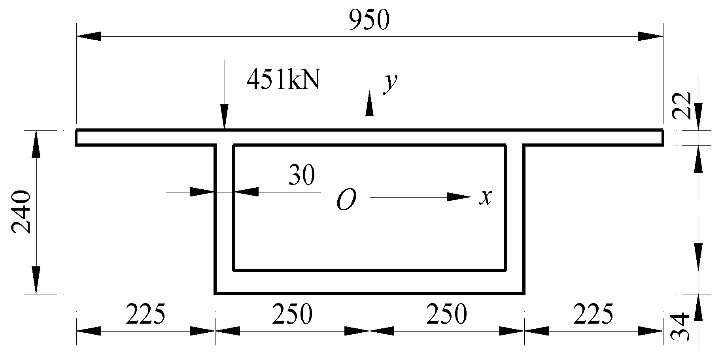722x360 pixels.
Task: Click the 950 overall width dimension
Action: click(x=369, y=21)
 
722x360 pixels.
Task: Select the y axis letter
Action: click(x=391, y=84)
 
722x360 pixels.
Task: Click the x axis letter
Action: click(x=485, y=196)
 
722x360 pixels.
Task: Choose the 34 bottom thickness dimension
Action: click(x=681, y=326)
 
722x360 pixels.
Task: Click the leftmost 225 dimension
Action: click(x=145, y=315)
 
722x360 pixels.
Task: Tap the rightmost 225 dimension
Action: click(x=593, y=315)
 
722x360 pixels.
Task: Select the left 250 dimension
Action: click(x=292, y=315)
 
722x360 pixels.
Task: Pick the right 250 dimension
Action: click(x=447, y=315)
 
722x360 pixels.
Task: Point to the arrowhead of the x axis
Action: click(x=459, y=196)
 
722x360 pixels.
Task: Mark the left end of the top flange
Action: click(x=77, y=138)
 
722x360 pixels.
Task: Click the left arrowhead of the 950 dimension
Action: click(x=88, y=37)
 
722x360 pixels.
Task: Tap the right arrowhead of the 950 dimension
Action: click(x=651, y=37)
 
